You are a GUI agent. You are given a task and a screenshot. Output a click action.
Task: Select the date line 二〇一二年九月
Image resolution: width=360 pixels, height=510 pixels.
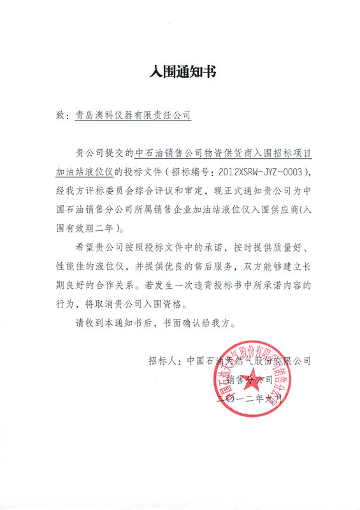(248, 398)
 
